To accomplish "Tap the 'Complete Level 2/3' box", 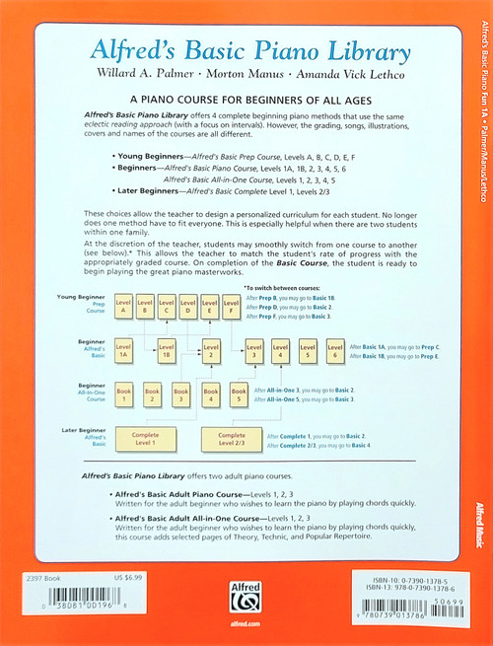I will (232, 438).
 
